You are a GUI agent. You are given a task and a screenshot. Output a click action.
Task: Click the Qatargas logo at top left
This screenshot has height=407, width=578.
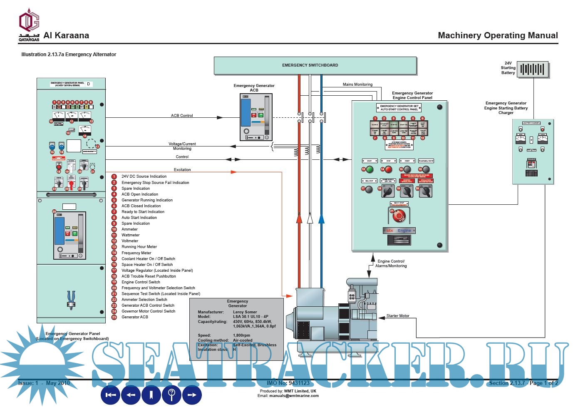coord(29,25)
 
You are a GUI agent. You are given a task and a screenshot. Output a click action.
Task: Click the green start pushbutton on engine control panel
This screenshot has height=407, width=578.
coord(369,169)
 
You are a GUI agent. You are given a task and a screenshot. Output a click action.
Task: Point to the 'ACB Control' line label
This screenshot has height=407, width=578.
coord(182,116)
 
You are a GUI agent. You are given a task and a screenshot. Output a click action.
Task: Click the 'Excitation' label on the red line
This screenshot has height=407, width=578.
coord(182,170)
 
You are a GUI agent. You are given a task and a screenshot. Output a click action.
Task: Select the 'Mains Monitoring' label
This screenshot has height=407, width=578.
coord(357,84)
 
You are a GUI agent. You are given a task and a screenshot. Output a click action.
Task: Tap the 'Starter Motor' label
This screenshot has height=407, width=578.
coord(398,316)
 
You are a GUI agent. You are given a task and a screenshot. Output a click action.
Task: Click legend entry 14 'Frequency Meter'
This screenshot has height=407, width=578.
coord(136,253)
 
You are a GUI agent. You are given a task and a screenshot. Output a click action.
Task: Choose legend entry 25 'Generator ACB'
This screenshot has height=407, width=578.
coord(134,317)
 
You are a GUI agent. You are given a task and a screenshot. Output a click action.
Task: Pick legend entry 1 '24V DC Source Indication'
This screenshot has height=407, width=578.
coord(144,176)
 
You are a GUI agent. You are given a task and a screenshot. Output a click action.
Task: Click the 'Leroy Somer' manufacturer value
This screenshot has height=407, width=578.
coord(245,312)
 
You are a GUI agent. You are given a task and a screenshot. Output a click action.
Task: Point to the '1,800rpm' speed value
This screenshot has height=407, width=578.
coord(241,335)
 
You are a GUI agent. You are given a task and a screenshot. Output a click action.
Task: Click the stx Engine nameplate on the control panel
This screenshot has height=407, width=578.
coord(399,231)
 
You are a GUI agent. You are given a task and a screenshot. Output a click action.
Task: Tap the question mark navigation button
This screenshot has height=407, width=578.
coord(171,395)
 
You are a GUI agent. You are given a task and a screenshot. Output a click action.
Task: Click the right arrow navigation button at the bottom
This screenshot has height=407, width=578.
coord(192,395)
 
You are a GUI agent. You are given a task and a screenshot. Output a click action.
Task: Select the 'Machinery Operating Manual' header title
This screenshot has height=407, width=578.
coord(498,36)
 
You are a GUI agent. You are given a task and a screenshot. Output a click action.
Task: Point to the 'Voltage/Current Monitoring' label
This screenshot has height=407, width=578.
coord(182,146)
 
